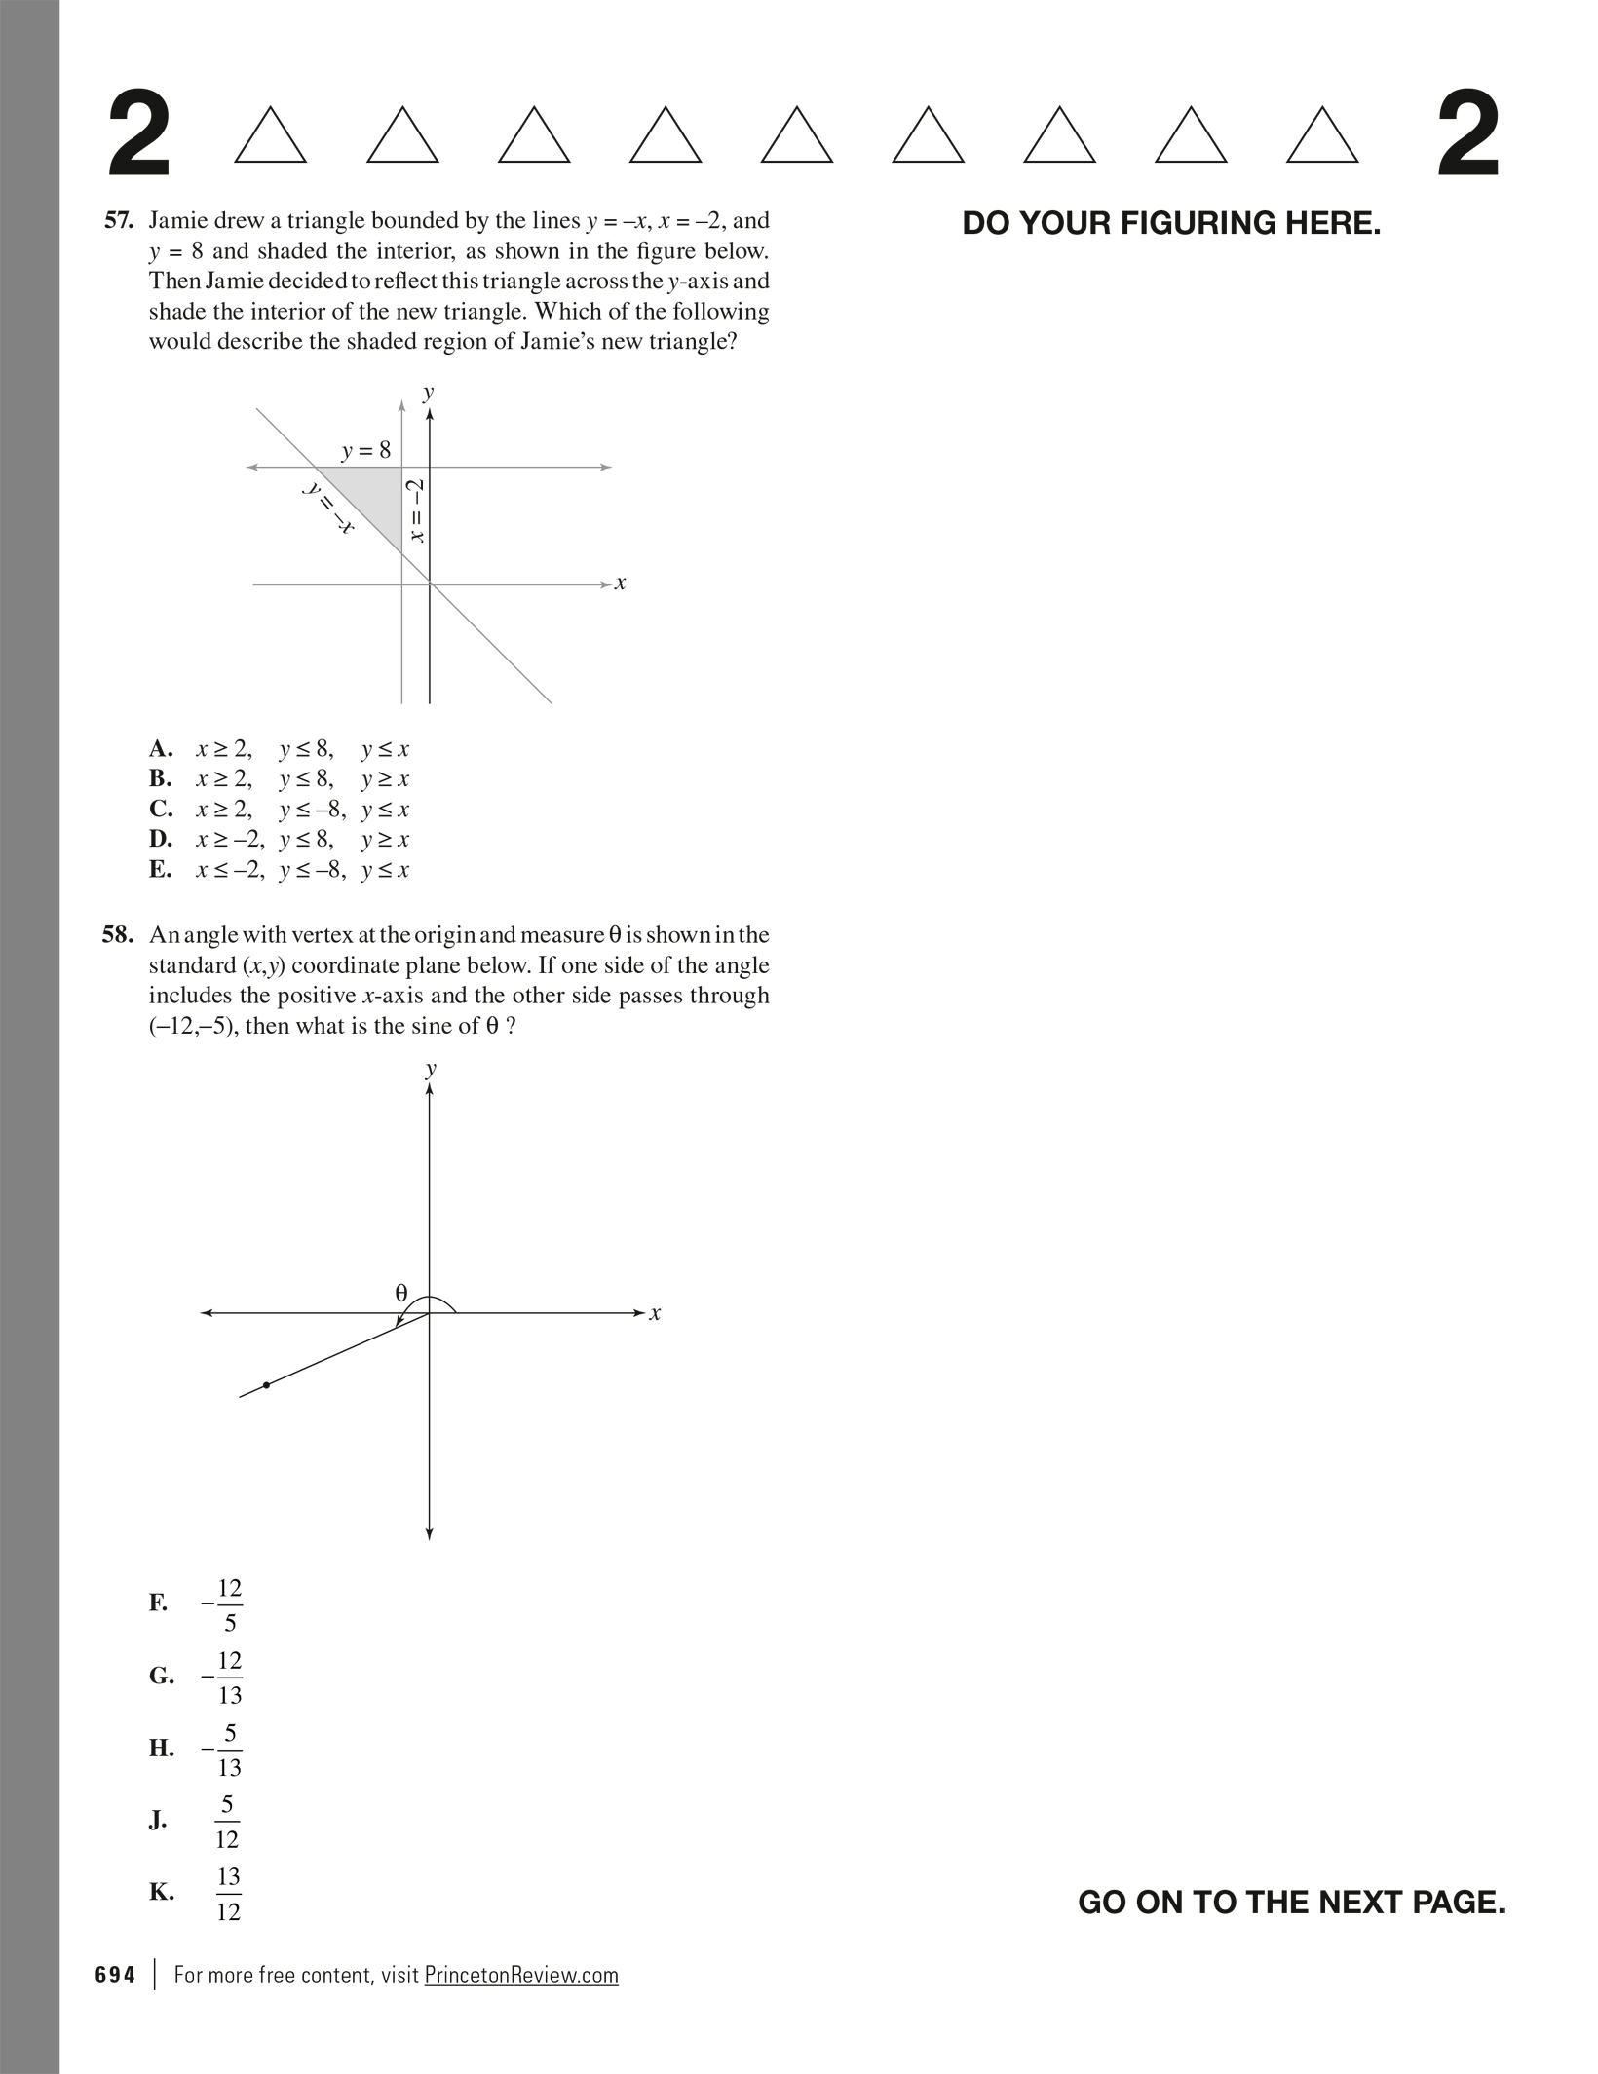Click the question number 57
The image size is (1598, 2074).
118,221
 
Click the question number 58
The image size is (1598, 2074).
117,935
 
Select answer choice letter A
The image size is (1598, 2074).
161,749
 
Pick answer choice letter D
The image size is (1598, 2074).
161,839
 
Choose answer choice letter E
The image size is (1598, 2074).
160,869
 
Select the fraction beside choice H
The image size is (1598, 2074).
223,1750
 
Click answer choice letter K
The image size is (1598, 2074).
161,1892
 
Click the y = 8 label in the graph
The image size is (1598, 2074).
365,450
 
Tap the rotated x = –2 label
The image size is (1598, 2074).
417,510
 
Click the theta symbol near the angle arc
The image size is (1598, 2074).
400,1293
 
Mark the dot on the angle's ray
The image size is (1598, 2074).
266,1384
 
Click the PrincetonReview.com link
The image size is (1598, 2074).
521,1975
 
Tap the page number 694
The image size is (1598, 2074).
115,1975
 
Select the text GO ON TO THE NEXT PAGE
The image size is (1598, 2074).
1291,1902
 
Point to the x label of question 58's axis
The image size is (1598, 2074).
655,1313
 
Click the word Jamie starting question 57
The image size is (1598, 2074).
178,221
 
